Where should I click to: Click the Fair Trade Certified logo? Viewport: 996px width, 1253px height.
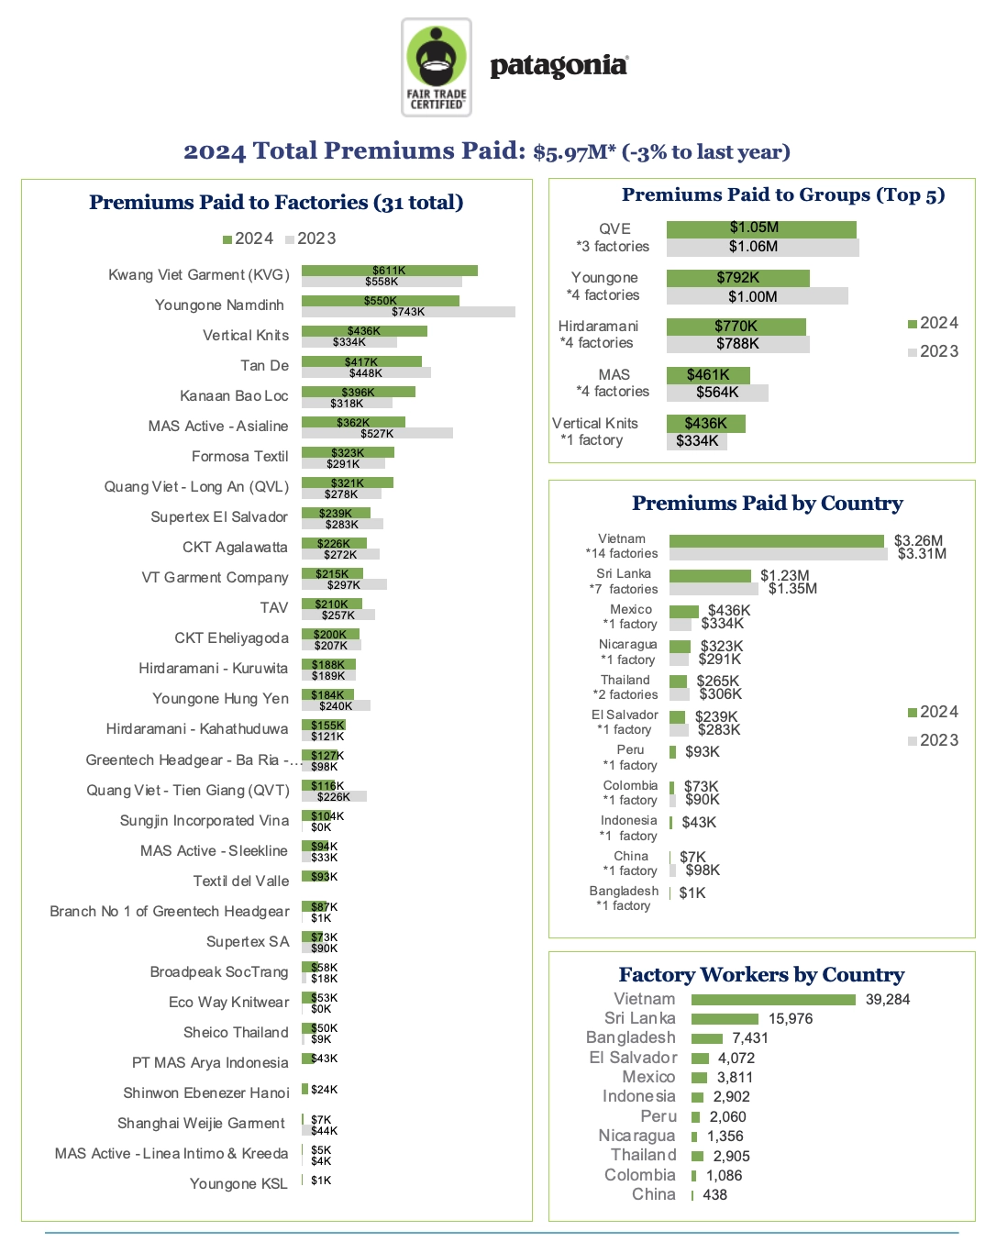437,68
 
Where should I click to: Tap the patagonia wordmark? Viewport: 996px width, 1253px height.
559,66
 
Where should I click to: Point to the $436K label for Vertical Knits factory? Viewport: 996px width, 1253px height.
363,331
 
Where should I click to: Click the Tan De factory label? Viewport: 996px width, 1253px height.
264,366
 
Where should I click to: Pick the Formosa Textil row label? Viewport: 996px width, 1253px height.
239,457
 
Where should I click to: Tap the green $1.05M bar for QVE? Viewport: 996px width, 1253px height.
760,228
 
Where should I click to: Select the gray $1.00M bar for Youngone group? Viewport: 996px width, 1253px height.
757,296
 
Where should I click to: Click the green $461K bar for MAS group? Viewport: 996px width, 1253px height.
708,375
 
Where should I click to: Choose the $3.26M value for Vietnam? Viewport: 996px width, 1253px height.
918,541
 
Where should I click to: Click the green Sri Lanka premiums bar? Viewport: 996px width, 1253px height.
710,576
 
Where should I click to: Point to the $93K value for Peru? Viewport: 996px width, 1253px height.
702,752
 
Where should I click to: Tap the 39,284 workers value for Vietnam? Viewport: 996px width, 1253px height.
888,1000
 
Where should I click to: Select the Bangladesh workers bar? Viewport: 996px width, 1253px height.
707,1038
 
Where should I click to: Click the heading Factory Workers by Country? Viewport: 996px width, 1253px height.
761,974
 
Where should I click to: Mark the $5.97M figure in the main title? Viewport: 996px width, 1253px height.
573,152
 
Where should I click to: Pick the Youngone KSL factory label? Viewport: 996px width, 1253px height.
238,1184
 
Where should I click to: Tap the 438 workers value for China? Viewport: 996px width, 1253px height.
714,1195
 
